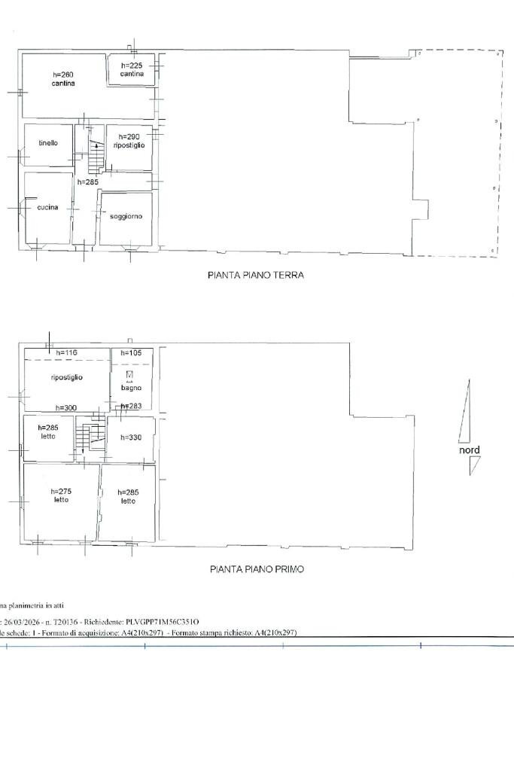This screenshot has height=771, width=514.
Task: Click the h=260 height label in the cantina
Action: (x=63, y=75)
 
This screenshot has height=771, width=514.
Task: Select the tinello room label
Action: (x=48, y=142)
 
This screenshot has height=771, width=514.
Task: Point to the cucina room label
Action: (x=47, y=207)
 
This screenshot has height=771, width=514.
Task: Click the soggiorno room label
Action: (x=126, y=216)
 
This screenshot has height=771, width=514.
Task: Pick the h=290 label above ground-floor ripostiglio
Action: (x=129, y=136)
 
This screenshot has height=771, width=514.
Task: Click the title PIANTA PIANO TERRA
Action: (x=256, y=276)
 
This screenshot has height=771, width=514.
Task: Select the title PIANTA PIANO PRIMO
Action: (x=257, y=569)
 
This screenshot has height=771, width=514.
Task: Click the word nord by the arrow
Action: (x=470, y=450)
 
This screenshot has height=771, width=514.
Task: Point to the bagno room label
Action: (x=131, y=388)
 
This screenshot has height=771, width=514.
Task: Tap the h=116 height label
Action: (x=67, y=352)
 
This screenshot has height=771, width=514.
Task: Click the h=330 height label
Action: (x=130, y=437)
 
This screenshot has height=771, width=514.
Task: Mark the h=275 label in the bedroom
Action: (x=62, y=491)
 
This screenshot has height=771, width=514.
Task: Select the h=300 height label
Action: (x=66, y=407)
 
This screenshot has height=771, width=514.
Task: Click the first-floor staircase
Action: (x=92, y=437)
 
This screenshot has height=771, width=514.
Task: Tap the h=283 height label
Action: (x=131, y=407)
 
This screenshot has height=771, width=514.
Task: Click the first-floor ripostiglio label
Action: (x=67, y=377)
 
